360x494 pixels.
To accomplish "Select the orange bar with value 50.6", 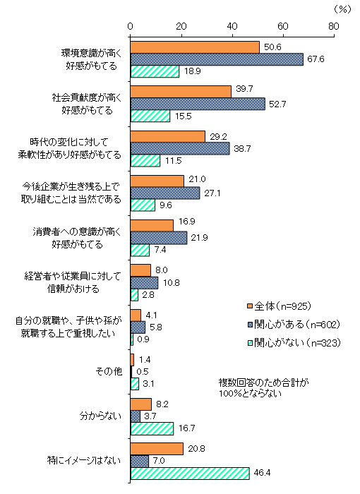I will tap(195, 47).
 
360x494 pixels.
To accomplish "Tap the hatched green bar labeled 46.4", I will tap(189, 474).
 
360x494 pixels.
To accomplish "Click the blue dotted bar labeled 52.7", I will tap(198, 104).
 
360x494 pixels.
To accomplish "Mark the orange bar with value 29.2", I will tap(167, 136).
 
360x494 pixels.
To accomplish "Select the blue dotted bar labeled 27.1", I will tap(165, 193).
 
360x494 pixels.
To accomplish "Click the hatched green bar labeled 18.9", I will tap(155, 71).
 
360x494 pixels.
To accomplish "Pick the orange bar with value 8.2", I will tap(140, 404).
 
